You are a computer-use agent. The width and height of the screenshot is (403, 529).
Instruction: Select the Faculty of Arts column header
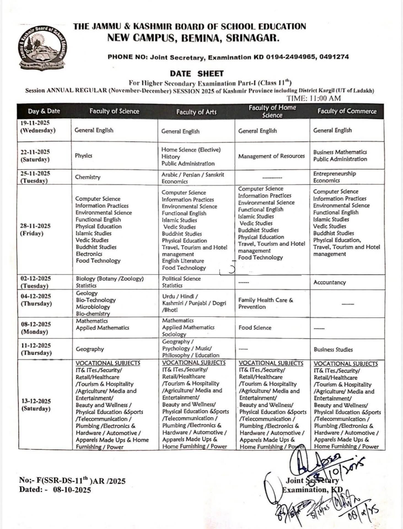click(x=196, y=112)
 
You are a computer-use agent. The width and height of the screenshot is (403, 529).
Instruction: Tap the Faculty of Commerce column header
click(x=347, y=111)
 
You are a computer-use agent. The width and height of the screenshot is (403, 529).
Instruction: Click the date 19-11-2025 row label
click(x=35, y=123)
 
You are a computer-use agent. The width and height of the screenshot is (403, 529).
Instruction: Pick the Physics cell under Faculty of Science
click(x=84, y=156)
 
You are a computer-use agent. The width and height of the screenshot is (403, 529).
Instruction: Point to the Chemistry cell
click(x=88, y=177)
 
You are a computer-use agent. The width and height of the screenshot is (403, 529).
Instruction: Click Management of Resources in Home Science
click(x=272, y=156)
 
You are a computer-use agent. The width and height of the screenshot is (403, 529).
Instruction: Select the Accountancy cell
click(x=329, y=282)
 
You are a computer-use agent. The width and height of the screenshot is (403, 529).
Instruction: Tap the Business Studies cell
click(x=333, y=350)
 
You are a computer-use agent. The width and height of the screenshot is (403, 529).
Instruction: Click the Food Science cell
click(x=255, y=328)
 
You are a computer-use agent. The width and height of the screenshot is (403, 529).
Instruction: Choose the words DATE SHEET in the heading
click(x=197, y=74)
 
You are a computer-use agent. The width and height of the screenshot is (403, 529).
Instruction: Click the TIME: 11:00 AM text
click(x=313, y=98)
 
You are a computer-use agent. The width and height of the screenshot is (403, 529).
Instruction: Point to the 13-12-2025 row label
click(x=36, y=401)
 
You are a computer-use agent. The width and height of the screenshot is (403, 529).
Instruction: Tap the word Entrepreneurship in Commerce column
click(x=334, y=174)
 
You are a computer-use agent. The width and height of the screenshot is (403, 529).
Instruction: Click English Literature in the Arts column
click(x=183, y=261)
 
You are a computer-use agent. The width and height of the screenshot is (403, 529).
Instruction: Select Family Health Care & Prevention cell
click(x=265, y=303)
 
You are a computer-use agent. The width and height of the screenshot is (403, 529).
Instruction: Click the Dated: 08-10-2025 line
click(x=55, y=490)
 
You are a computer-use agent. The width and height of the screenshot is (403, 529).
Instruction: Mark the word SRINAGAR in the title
click(x=253, y=38)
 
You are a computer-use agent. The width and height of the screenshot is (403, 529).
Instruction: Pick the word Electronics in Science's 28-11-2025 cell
click(x=89, y=254)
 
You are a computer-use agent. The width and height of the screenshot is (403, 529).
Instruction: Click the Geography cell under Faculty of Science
click(x=90, y=349)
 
